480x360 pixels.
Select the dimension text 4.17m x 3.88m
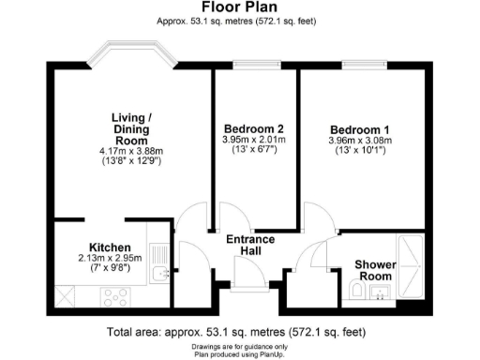132,149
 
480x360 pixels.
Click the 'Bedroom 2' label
254,128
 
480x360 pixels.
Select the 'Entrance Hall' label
252,246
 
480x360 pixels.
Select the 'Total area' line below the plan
240,332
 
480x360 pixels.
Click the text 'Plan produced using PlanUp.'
240,352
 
